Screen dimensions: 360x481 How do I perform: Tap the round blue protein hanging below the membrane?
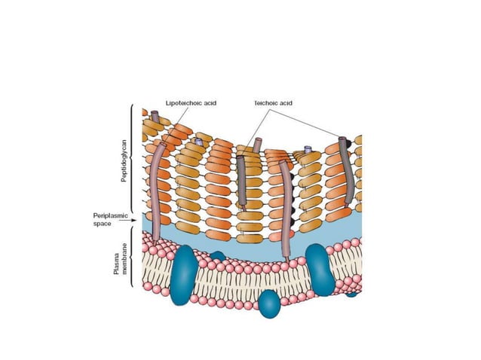point(269,303)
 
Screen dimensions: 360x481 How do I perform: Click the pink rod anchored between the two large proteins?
point(285,211)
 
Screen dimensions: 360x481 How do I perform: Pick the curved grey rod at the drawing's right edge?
point(346,173)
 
